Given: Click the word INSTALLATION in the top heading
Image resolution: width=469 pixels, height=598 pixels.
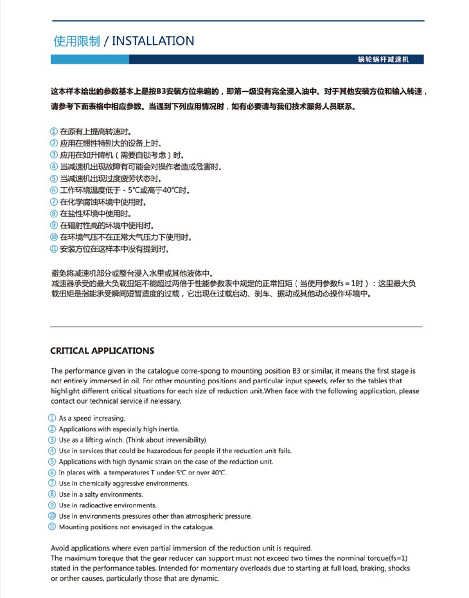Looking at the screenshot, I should pos(153,41).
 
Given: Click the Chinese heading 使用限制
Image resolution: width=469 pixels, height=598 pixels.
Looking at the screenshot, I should pos(76,41).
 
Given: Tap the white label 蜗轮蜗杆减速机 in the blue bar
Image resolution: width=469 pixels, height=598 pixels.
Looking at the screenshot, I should pos(383,59).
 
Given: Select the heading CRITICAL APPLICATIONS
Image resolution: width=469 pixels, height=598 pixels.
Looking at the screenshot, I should pos(102,350).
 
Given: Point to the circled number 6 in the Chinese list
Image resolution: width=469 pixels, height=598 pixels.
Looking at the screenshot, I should pos(54,190).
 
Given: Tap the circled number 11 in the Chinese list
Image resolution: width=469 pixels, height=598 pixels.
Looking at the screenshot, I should pos(54,249).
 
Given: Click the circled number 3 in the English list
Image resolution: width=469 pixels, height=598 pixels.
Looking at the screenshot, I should pos(54,440).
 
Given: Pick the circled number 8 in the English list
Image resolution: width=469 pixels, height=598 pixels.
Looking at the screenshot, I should pos(54,494).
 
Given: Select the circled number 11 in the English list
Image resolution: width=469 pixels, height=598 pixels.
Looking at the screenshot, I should pos(54,527).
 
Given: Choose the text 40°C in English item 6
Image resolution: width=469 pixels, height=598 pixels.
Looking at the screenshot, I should pos(218,473).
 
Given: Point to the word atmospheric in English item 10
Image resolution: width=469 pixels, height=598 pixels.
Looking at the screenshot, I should pos(188,516).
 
